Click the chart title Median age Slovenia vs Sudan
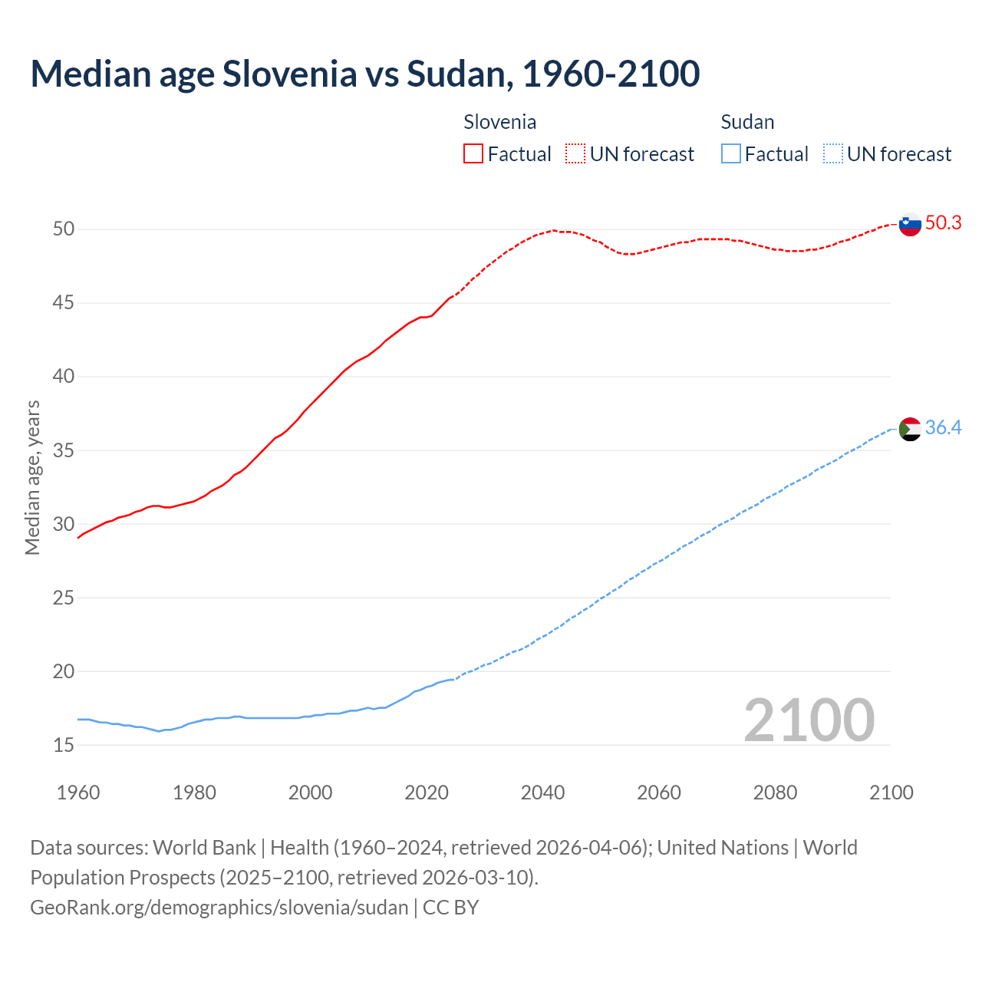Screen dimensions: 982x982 [x=364, y=74]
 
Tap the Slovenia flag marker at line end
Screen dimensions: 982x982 [x=910, y=225]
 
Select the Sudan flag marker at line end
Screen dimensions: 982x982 [x=910, y=429]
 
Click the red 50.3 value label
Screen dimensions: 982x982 [x=943, y=223]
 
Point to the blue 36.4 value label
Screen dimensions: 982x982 [x=943, y=428]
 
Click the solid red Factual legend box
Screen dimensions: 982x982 [x=473, y=153]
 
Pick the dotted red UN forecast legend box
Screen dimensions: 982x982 [x=575, y=153]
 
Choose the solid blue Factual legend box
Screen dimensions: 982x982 [x=731, y=153]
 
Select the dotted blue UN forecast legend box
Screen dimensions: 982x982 [x=832, y=153]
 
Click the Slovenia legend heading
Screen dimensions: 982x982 [x=499, y=122]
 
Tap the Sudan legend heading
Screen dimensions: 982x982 [x=747, y=122]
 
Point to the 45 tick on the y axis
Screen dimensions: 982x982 [x=64, y=303]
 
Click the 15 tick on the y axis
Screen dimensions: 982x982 [x=64, y=745]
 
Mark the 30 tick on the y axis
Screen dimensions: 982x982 [x=64, y=524]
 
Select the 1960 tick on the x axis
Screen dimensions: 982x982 [x=78, y=793]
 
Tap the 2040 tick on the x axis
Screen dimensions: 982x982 [x=542, y=793]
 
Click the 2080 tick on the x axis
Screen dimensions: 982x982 [x=775, y=793]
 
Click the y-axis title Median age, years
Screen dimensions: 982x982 [x=32, y=477]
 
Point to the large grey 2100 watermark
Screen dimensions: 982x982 [x=809, y=720]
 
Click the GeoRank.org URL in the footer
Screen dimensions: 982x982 [x=219, y=908]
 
